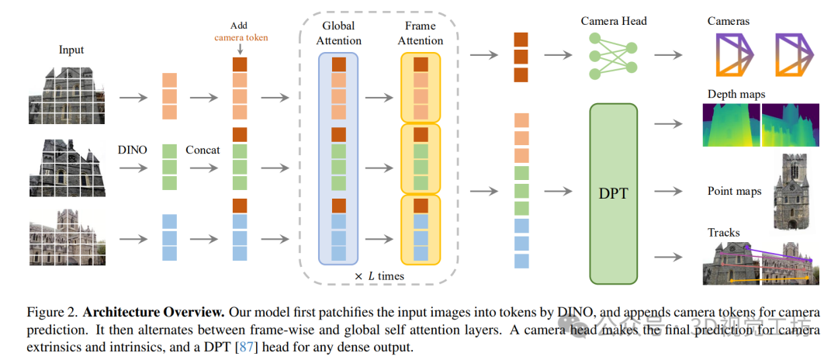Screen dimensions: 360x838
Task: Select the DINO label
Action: point(133,149)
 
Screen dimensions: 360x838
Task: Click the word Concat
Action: point(203,149)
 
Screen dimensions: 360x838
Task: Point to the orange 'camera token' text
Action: point(241,37)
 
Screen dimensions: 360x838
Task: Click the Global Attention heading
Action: point(341,33)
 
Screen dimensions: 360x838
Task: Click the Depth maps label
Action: point(736,95)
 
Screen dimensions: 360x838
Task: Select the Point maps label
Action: point(734,191)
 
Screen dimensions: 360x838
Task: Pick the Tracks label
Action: point(723,232)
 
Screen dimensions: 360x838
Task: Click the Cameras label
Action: point(729,21)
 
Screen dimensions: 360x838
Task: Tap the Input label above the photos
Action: point(71,50)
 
